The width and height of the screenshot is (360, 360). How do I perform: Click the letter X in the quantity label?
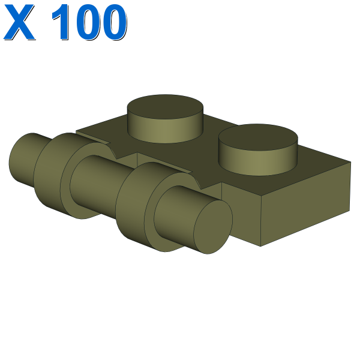[x=19, y=22]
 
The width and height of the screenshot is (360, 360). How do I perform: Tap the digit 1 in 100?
[x=61, y=22]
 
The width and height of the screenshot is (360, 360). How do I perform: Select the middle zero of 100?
[x=89, y=22]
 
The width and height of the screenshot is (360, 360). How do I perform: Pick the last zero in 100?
[x=114, y=22]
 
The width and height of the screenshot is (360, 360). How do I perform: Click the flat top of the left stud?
[x=165, y=106]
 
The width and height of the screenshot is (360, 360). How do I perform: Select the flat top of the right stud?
[x=258, y=136]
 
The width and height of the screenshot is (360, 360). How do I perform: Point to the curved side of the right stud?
[x=258, y=162]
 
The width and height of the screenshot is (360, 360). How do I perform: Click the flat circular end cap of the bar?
[x=213, y=227]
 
